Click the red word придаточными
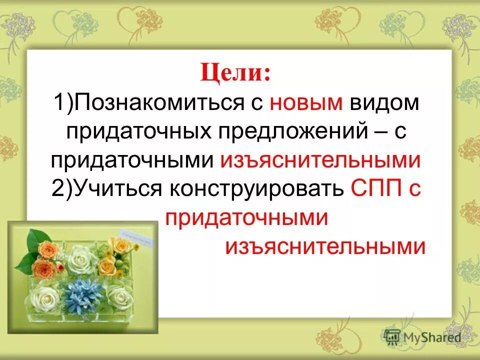[245, 218]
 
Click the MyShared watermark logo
[423, 337]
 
